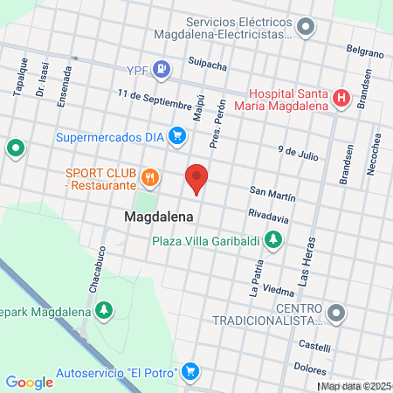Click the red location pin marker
pos(196,178)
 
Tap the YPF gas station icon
pos(161,68)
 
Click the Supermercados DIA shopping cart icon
pos(178,135)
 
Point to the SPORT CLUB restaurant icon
pos(150,177)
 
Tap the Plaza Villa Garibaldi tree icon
pos(273,238)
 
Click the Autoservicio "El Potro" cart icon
pos(191,373)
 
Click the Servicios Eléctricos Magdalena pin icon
pos(305,27)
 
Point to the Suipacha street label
pos(208,62)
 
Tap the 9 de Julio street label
pos(298,152)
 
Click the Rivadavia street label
pos(268,213)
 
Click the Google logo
pos(29,382)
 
